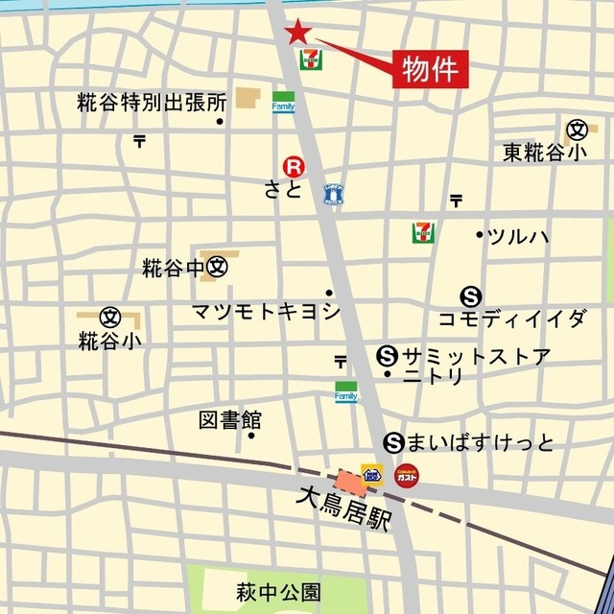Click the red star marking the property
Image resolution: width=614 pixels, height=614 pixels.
tap(297, 33)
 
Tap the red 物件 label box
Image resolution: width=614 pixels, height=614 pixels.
tap(429, 69)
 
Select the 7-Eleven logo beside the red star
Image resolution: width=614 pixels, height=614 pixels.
tap(312, 59)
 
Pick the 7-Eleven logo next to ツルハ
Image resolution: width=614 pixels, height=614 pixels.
tap(420, 232)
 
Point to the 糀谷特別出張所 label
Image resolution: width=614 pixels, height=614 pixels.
tap(152, 103)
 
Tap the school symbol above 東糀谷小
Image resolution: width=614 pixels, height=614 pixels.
tap(576, 130)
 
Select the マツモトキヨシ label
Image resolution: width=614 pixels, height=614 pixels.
tap(266, 311)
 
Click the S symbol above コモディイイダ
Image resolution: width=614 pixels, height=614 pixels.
tap(470, 296)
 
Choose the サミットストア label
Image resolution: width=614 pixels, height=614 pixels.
tap(477, 356)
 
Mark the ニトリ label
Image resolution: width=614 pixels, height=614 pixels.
tap(433, 377)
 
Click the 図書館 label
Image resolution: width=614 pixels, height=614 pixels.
tap(230, 419)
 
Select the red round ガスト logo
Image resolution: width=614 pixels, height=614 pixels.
tap(406, 474)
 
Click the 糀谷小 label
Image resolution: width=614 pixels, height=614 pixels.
tap(109, 340)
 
